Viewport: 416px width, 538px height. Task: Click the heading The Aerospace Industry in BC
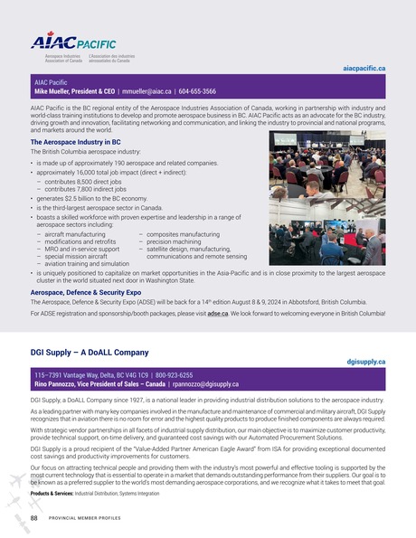[x=76, y=142]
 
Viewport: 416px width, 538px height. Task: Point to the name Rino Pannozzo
[x=59, y=383]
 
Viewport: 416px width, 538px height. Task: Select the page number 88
[x=34, y=518]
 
